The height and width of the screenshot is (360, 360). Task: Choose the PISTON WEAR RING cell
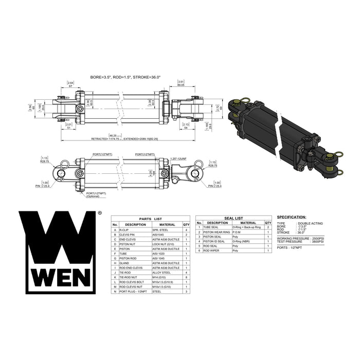215,232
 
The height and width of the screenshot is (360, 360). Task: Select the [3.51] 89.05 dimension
180,84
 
